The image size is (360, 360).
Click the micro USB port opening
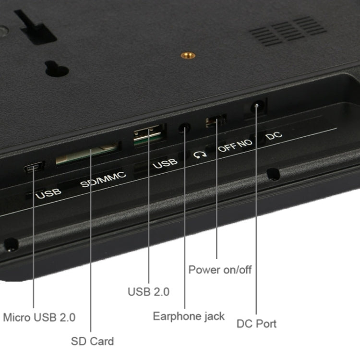click(x=34, y=167)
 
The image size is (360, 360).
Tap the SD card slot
click(x=87, y=154)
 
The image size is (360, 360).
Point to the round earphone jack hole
click(x=185, y=127)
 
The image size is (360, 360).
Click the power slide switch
click(x=216, y=120)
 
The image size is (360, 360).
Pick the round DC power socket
click(x=257, y=106)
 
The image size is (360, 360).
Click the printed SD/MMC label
click(x=103, y=180)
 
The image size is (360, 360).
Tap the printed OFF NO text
click(x=235, y=145)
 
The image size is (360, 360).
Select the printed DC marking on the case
click(x=274, y=135)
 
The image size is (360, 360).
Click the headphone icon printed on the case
click(x=200, y=155)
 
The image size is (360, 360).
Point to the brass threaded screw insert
click(x=188, y=55)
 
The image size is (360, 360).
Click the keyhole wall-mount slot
click(x=57, y=69)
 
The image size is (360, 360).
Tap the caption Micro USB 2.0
click(x=39, y=317)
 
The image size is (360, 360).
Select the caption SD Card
click(x=92, y=341)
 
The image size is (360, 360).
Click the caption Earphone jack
click(x=189, y=316)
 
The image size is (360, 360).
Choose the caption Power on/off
click(x=220, y=270)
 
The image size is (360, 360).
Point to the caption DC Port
click(x=256, y=324)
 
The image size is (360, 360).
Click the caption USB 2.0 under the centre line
click(x=148, y=292)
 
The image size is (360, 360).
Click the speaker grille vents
click(x=288, y=31)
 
